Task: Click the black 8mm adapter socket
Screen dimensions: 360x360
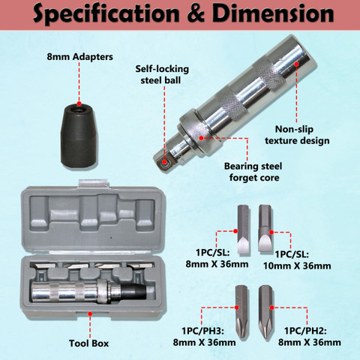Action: pyautogui.click(x=79, y=136)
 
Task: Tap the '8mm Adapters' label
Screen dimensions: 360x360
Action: pyautogui.click(x=80, y=57)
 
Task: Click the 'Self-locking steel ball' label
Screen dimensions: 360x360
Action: pyautogui.click(x=162, y=74)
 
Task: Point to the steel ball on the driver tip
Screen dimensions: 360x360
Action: pyautogui.click(x=164, y=162)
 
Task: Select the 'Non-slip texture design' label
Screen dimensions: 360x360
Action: pyautogui.click(x=297, y=135)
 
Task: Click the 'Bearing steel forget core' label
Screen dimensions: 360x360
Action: pyautogui.click(x=253, y=172)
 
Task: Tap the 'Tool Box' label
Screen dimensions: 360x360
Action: pyautogui.click(x=88, y=343)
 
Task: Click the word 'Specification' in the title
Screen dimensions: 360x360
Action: pyautogui.click(x=106, y=13)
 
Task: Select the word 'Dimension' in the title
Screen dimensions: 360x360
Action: pyautogui.click(x=273, y=13)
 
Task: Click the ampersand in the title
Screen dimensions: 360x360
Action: pyautogui.click(x=196, y=13)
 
